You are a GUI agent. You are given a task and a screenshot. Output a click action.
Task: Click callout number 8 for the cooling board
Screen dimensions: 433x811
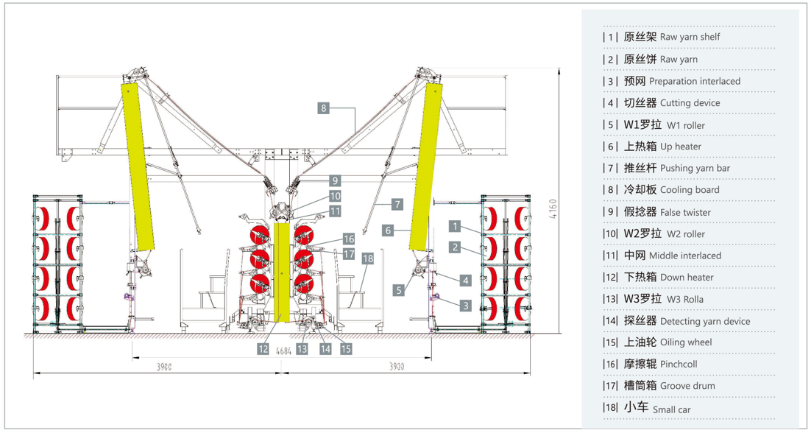(323, 108)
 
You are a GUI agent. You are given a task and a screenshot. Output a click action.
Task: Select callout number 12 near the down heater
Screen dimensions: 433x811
(263, 349)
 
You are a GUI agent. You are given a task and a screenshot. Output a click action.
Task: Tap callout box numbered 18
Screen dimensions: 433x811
(367, 258)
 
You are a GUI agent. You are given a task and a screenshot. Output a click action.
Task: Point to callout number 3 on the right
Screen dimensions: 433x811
(465, 305)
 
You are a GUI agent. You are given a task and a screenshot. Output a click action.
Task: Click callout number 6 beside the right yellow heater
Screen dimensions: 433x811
(387, 230)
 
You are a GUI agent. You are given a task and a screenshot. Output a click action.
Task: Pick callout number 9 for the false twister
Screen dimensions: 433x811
(334, 180)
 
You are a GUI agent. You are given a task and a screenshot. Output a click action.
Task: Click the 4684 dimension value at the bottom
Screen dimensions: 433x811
(284, 353)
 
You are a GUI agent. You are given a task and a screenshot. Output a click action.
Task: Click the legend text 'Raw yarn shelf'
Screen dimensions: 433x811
(690, 37)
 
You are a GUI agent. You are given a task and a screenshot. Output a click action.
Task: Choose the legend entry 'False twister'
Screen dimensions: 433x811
(685, 213)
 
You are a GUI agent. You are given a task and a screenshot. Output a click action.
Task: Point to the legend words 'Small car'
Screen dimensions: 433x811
(671, 409)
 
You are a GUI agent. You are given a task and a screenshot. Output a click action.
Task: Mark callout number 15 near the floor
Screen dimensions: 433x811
(346, 349)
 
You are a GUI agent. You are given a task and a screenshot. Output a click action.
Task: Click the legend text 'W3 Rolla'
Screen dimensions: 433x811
(684, 300)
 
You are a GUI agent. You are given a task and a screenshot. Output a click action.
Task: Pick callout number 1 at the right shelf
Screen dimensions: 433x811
(456, 226)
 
